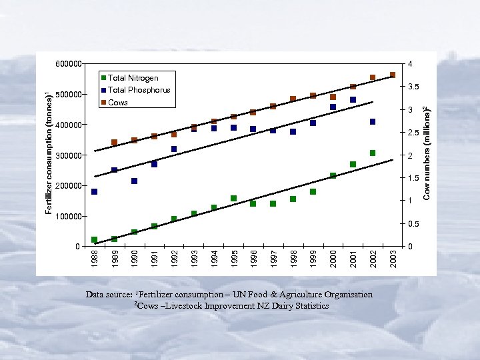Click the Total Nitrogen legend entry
(133, 78)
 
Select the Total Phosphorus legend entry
(139, 90)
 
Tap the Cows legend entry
(117, 103)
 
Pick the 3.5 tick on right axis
(413, 87)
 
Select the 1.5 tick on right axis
(413, 178)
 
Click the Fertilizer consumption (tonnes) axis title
(49, 153)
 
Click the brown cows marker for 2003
(393, 75)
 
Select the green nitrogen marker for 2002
(373, 153)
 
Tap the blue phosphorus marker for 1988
(95, 192)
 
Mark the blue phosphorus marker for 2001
(353, 100)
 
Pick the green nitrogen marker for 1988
(95, 239)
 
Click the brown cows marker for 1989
(114, 143)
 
